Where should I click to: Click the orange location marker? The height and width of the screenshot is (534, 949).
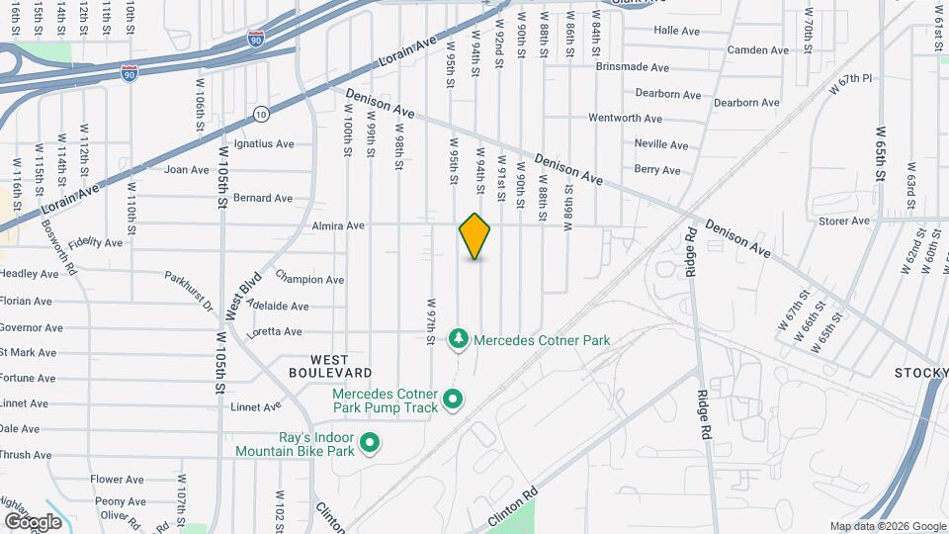click(x=474, y=236)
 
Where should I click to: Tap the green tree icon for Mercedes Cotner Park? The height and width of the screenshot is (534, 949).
click(x=458, y=340)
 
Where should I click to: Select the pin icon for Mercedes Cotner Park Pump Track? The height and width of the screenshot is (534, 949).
click(x=454, y=400)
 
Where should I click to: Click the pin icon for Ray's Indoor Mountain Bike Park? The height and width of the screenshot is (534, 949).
click(x=370, y=442)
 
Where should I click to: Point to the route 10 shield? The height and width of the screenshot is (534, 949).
click(x=260, y=113)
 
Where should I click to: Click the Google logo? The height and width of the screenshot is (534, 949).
click(x=33, y=521)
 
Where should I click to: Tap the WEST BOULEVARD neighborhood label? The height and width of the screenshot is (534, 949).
click(x=330, y=366)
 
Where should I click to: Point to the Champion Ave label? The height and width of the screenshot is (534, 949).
click(x=309, y=279)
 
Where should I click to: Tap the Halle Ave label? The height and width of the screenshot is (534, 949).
click(x=676, y=31)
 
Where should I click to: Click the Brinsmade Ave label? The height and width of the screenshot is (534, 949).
click(x=634, y=67)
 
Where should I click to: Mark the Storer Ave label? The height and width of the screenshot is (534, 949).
click(x=844, y=221)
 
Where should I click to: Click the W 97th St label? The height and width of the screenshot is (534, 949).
click(x=432, y=321)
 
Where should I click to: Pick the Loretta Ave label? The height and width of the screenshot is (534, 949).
click(x=273, y=331)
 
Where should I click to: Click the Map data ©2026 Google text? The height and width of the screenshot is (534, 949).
click(x=887, y=526)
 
